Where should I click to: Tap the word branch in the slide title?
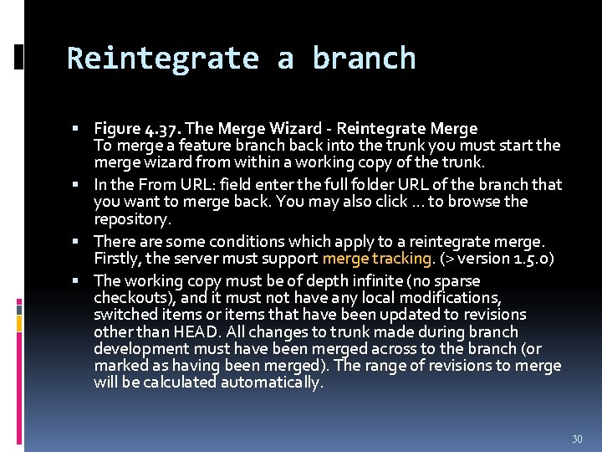coord(364,59)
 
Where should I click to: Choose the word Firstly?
coord(120,259)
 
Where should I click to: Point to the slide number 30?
coord(576,439)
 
